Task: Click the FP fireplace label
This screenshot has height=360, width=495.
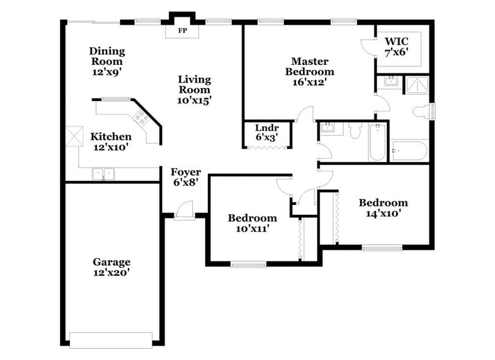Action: (182, 29)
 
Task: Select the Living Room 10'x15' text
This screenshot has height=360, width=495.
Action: (194, 89)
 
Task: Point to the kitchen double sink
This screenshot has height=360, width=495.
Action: (103, 174)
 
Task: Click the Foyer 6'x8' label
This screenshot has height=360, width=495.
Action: (185, 177)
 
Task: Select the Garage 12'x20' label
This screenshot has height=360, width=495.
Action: (111, 267)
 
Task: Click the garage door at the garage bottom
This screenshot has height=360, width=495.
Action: (111, 339)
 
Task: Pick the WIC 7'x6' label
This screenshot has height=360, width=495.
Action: (396, 47)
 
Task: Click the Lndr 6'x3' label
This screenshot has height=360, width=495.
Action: (267, 133)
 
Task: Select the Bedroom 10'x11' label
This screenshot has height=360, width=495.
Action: (252, 223)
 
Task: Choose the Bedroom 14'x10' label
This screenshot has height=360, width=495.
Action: (383, 208)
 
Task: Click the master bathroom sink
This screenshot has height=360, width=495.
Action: (390, 82)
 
